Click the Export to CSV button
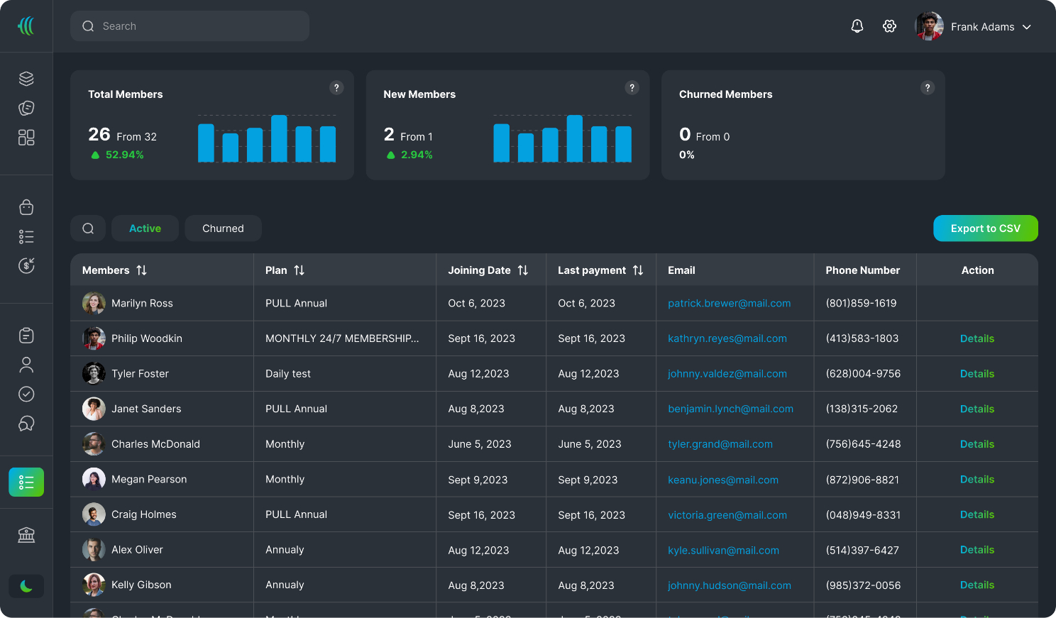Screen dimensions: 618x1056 (x=985, y=228)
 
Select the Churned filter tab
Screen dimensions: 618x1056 (x=223, y=228)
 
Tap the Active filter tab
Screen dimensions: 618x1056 (x=145, y=228)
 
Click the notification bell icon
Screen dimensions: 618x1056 (x=857, y=26)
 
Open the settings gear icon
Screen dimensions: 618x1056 (x=889, y=26)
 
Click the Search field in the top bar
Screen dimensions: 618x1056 (x=189, y=26)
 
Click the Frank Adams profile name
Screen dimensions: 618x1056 (x=982, y=27)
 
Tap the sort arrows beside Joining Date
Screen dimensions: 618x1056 (x=523, y=270)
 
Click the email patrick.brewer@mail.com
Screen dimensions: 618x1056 (x=729, y=303)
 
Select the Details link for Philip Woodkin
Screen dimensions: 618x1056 (x=977, y=338)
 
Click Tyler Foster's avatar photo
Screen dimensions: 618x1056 (x=94, y=373)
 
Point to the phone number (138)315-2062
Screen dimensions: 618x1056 (x=862, y=409)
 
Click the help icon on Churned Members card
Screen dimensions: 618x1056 (x=927, y=88)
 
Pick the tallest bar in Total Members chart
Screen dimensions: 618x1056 (x=279, y=138)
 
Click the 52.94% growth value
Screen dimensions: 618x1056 (x=124, y=155)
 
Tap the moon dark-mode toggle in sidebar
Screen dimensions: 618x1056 (x=26, y=586)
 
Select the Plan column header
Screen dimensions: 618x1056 (x=276, y=270)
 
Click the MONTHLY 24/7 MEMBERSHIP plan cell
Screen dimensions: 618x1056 (x=342, y=338)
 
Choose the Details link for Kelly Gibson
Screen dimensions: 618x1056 (x=977, y=585)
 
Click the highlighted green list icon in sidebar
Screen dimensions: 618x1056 (x=26, y=482)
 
